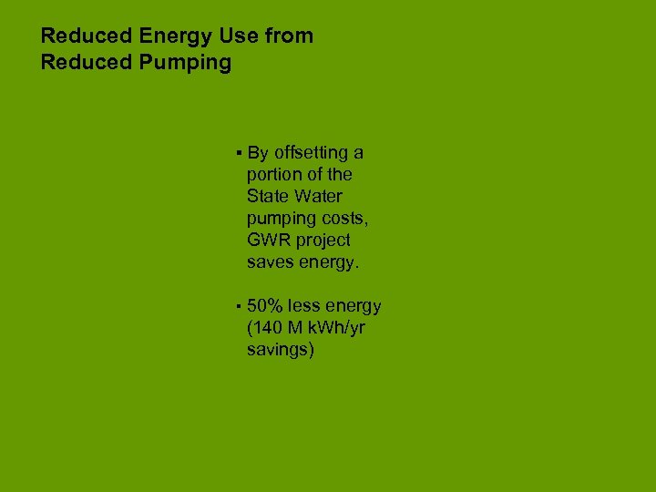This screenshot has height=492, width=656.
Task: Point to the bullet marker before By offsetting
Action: tap(237, 152)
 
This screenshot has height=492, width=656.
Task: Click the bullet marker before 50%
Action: tap(237, 306)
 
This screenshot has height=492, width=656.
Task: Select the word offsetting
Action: tap(318, 152)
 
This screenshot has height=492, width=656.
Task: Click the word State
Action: tap(267, 196)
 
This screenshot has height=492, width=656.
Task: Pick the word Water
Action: tap(319, 196)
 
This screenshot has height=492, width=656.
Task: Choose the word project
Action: tap(322, 241)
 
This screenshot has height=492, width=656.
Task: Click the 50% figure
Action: tap(265, 306)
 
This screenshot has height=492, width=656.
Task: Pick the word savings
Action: tap(280, 350)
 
